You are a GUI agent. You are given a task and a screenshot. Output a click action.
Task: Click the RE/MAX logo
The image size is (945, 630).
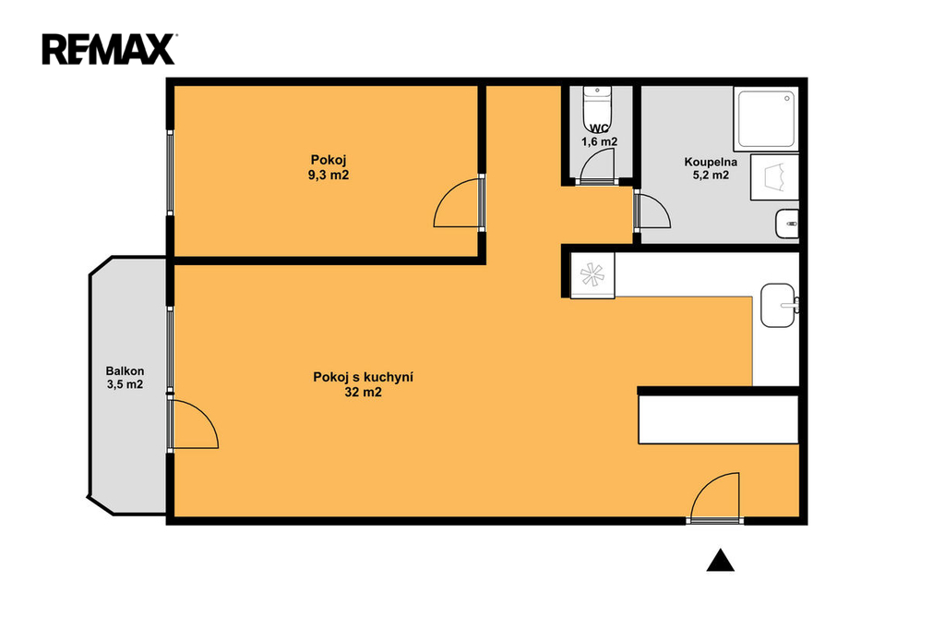coord(109,50)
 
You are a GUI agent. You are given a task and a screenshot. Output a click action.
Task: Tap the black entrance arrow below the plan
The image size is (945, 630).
coord(720,561)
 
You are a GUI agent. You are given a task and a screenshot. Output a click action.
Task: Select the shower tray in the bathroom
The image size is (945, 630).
coord(766,119)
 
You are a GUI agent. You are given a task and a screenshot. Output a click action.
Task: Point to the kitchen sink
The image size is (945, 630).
coord(779,306)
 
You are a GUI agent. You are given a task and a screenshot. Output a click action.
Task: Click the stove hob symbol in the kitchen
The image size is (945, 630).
coord(592,275)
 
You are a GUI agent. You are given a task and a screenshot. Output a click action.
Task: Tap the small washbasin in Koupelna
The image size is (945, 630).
coord(787,224)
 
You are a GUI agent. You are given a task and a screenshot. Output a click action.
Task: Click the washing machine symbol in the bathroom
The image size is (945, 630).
coord(774,177)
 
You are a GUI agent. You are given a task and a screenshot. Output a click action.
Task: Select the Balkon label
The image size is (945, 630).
coord(125,371)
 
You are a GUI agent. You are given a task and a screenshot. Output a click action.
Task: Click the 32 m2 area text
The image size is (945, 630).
coord(363,393)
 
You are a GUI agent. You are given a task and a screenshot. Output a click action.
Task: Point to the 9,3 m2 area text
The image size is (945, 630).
coord(329,175)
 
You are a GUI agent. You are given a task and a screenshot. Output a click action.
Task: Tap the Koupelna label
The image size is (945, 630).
coord(711,162)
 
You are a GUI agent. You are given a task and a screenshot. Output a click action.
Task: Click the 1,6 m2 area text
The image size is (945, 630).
coord(599,142)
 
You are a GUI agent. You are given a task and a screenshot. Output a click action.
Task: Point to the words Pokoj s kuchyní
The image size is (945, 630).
coord(363,378)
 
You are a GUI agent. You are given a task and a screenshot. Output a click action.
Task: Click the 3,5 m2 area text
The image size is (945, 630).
coord(125,384)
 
